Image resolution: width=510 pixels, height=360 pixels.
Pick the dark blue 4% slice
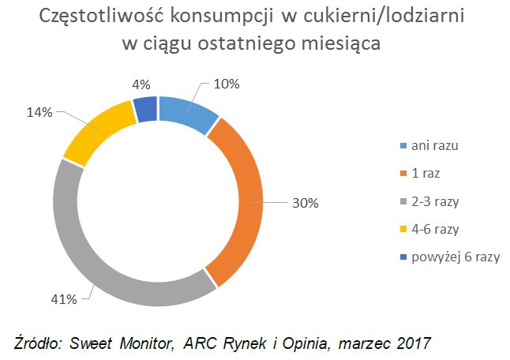(145, 109)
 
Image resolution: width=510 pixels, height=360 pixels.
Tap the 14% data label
(39, 113)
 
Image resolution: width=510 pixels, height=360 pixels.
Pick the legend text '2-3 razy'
(436, 201)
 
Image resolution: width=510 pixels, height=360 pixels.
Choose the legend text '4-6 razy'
(436, 229)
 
